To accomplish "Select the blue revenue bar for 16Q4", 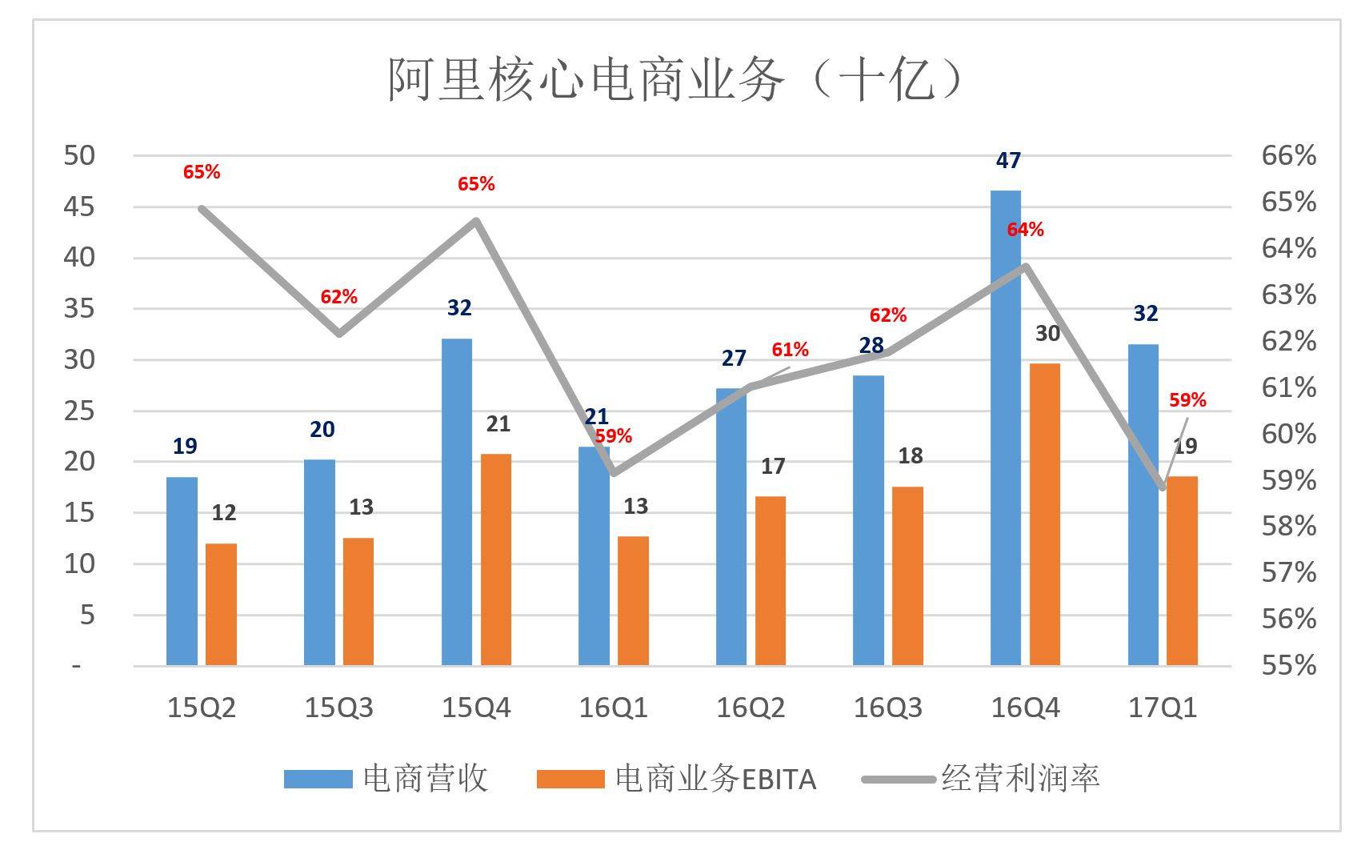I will pyautogui.click(x=1006, y=428).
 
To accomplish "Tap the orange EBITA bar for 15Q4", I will pyautogui.click(x=496, y=560).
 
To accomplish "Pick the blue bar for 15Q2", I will pyautogui.click(x=182, y=571).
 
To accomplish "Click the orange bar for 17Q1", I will pyautogui.click(x=1183, y=571).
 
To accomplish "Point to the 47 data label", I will pyautogui.click(x=1008, y=161).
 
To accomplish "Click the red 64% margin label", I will pyautogui.click(x=1025, y=230).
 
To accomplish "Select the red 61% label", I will pyautogui.click(x=790, y=350).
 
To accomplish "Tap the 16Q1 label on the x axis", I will pyautogui.click(x=613, y=708).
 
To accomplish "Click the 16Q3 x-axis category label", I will pyautogui.click(x=887, y=708).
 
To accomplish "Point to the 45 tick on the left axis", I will pyautogui.click(x=78, y=206).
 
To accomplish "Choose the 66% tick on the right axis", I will pyautogui.click(x=1288, y=155).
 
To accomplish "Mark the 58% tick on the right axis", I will pyautogui.click(x=1288, y=526).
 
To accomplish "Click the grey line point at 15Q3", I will pyautogui.click(x=339, y=333).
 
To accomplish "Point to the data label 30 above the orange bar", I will pyautogui.click(x=1047, y=334).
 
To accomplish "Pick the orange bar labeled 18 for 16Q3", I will pyautogui.click(x=907, y=576).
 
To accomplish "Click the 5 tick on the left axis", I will pyautogui.click(x=86, y=615).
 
